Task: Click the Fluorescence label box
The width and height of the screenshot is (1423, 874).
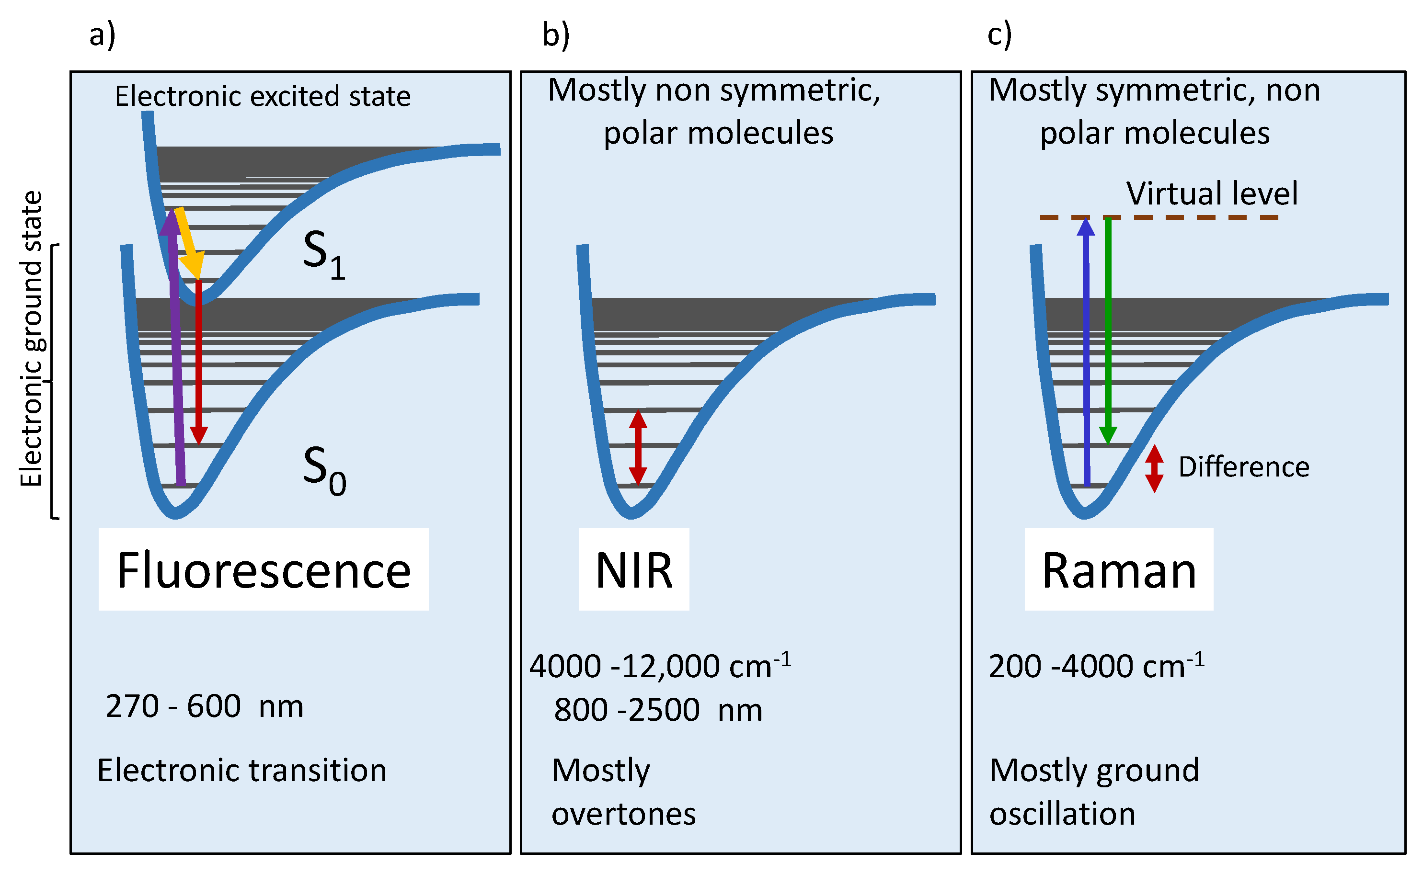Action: coord(264,569)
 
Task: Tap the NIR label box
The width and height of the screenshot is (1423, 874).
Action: coord(634,569)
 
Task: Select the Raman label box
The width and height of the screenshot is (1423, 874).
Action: coord(1119,569)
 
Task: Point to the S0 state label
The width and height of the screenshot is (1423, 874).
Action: coord(324,471)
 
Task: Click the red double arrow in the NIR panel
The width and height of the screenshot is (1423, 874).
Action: coord(638,447)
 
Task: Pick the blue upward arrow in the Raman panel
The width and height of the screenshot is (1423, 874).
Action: coord(1087,352)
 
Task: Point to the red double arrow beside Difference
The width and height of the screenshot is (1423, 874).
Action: coord(1155,469)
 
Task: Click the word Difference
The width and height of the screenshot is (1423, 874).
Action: coord(1244,466)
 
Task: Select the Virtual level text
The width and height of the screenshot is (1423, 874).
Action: coord(1212,193)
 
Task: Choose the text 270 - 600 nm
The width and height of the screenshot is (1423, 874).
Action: coord(204,706)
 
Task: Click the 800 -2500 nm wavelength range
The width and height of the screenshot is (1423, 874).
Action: coord(658,710)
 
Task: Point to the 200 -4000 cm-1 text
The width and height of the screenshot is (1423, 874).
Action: coord(1097,665)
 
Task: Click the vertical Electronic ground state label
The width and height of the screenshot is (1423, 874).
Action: coord(31,339)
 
